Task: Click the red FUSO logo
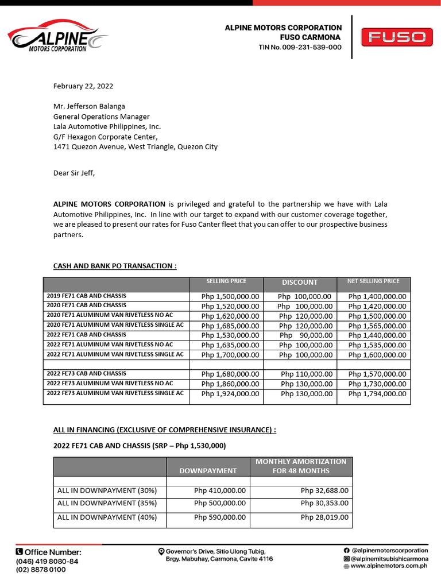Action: tap(397, 38)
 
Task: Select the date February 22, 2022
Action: tap(83, 86)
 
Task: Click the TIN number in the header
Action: tap(300, 47)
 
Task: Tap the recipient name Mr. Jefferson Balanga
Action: tap(89, 106)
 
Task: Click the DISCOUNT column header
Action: tap(299, 282)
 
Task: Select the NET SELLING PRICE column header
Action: tap(373, 281)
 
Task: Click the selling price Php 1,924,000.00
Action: tap(230, 394)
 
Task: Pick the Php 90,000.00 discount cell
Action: tap(305, 335)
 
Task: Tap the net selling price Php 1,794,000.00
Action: tap(377, 394)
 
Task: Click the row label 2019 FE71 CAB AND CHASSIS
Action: tap(86, 296)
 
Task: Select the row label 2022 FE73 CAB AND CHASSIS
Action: tap(86, 373)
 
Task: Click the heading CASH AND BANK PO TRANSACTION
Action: tap(115, 266)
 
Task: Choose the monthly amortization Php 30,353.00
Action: tap(324, 503)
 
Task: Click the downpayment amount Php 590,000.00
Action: tap(220, 517)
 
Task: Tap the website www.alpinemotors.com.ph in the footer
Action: tap(389, 566)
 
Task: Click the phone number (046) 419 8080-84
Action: tap(47, 561)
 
